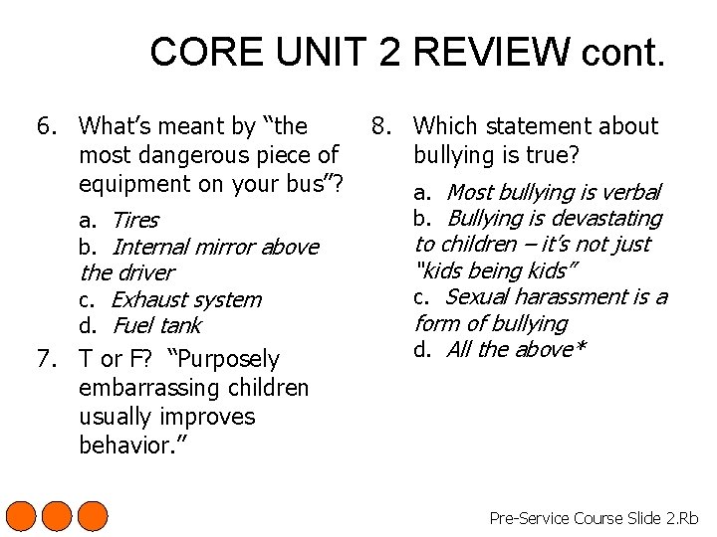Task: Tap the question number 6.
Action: [x=45, y=126]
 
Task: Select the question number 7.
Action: [x=45, y=359]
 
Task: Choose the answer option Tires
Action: [x=134, y=220]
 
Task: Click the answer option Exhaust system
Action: [x=186, y=299]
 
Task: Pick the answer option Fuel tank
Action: [x=156, y=325]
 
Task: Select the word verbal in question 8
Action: [x=627, y=192]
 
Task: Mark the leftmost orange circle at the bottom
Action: [x=22, y=517]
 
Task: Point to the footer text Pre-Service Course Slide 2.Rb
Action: [x=594, y=518]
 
